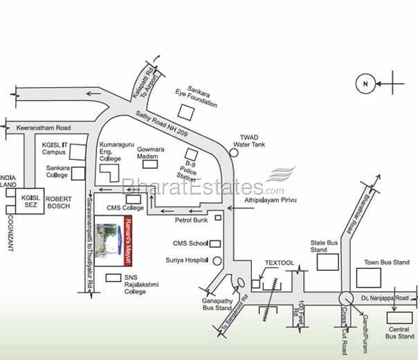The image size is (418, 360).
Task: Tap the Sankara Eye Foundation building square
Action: pyautogui.click(x=185, y=111)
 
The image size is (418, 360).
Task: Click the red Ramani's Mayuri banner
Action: pyautogui.click(x=127, y=242)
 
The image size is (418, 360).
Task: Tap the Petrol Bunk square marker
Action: pyautogui.click(x=218, y=218)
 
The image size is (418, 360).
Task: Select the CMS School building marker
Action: pyautogui.click(x=215, y=244)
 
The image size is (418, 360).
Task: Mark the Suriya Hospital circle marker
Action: pyautogui.click(x=217, y=261)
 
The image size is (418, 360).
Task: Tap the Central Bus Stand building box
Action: pyautogui.click(x=380, y=317)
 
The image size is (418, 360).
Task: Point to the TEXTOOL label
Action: pyautogui.click(x=280, y=264)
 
